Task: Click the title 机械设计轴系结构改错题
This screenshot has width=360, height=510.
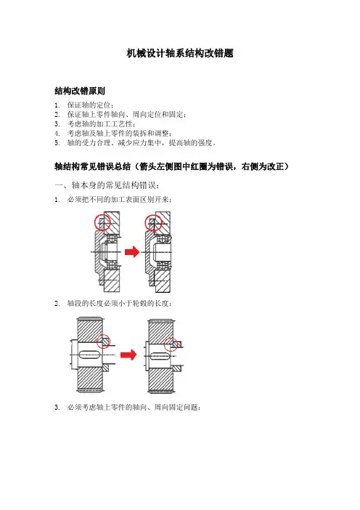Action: coord(180,53)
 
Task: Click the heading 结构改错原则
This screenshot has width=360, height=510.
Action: coord(80,91)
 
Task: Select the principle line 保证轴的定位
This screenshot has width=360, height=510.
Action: coord(91,105)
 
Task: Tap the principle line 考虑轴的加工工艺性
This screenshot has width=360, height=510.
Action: coord(102,124)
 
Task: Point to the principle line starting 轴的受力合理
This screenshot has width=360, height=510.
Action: coord(142,143)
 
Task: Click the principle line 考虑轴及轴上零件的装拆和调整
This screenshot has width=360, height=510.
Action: coord(120,134)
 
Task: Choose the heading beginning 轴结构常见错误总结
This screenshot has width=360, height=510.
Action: coord(171,166)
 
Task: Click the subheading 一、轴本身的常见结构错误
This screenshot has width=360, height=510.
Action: coord(107,185)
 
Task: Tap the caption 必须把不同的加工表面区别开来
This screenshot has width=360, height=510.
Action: coord(119,200)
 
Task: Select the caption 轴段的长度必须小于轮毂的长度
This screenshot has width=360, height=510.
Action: coord(119,304)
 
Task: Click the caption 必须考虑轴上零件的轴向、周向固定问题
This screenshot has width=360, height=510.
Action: coord(134,408)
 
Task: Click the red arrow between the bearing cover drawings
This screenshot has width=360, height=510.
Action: coord(132,252)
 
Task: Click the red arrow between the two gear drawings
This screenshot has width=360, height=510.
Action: coord(128,355)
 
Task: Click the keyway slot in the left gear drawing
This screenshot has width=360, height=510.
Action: coord(90,355)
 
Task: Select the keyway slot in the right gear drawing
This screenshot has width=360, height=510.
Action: coord(160,357)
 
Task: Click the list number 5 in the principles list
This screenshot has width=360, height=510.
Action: coord(57,143)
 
